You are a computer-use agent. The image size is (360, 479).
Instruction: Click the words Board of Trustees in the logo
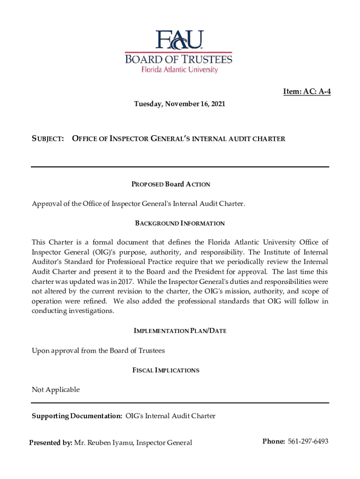[x=178, y=59]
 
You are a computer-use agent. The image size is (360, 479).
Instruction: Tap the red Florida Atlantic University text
[x=180, y=70]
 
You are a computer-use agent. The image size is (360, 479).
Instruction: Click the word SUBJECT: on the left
[x=48, y=138]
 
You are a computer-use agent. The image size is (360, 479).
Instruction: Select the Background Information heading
[x=180, y=224]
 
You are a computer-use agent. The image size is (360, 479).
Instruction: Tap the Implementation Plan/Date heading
[x=180, y=331]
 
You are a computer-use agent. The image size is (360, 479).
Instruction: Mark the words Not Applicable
[x=56, y=390]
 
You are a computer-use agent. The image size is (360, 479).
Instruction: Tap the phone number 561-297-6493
[x=308, y=442]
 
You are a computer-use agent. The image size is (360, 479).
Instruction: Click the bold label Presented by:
[x=50, y=443]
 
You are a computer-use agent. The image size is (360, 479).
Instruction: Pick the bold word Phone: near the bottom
[x=274, y=442]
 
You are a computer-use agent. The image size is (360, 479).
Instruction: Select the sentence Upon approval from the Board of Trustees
[x=98, y=350]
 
